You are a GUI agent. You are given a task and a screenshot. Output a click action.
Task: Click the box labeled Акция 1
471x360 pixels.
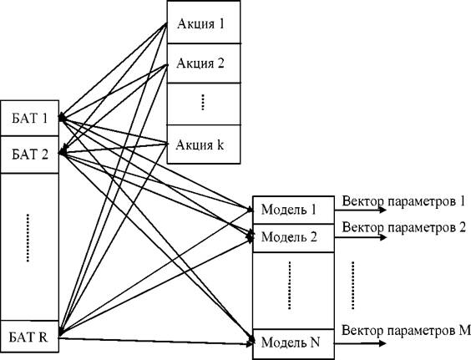coord(204,22)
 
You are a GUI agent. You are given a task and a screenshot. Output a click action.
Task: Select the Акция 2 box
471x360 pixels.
coord(204,63)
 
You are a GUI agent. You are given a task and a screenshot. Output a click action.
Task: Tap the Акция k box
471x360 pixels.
coord(204,145)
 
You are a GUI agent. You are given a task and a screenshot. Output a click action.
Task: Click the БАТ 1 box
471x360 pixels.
coord(30,118)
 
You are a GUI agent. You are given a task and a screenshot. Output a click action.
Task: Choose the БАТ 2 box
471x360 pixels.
coord(30,155)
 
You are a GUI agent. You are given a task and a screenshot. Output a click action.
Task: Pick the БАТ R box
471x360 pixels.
coord(30,337)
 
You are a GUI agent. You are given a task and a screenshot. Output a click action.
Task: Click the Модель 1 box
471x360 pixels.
coord(293,210)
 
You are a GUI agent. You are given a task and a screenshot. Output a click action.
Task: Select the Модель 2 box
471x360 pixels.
coord(293,238)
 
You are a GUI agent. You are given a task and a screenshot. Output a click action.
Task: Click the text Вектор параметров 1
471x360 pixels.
coord(403,201)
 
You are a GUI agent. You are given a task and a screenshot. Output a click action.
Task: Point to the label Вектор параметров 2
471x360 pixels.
coord(403,227)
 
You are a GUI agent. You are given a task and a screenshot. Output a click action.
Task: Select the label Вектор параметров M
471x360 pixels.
coord(406,331)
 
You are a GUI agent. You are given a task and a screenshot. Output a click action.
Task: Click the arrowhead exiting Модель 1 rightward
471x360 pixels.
coord(382,210)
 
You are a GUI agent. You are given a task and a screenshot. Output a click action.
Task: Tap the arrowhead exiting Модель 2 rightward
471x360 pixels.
coord(382,237)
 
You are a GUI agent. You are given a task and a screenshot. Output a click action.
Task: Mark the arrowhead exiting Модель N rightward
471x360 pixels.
coord(382,343)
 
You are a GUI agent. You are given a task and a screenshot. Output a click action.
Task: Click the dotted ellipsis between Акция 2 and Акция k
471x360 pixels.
coord(203,103)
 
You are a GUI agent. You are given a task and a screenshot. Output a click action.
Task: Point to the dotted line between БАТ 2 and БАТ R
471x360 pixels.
coord(28,238)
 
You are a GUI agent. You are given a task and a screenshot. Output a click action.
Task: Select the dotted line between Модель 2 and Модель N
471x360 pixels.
coord(290,285)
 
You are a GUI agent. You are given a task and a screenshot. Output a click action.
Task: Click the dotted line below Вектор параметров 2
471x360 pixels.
coord(352,285)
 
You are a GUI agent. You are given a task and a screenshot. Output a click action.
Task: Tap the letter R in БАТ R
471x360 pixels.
coord(43,337)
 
